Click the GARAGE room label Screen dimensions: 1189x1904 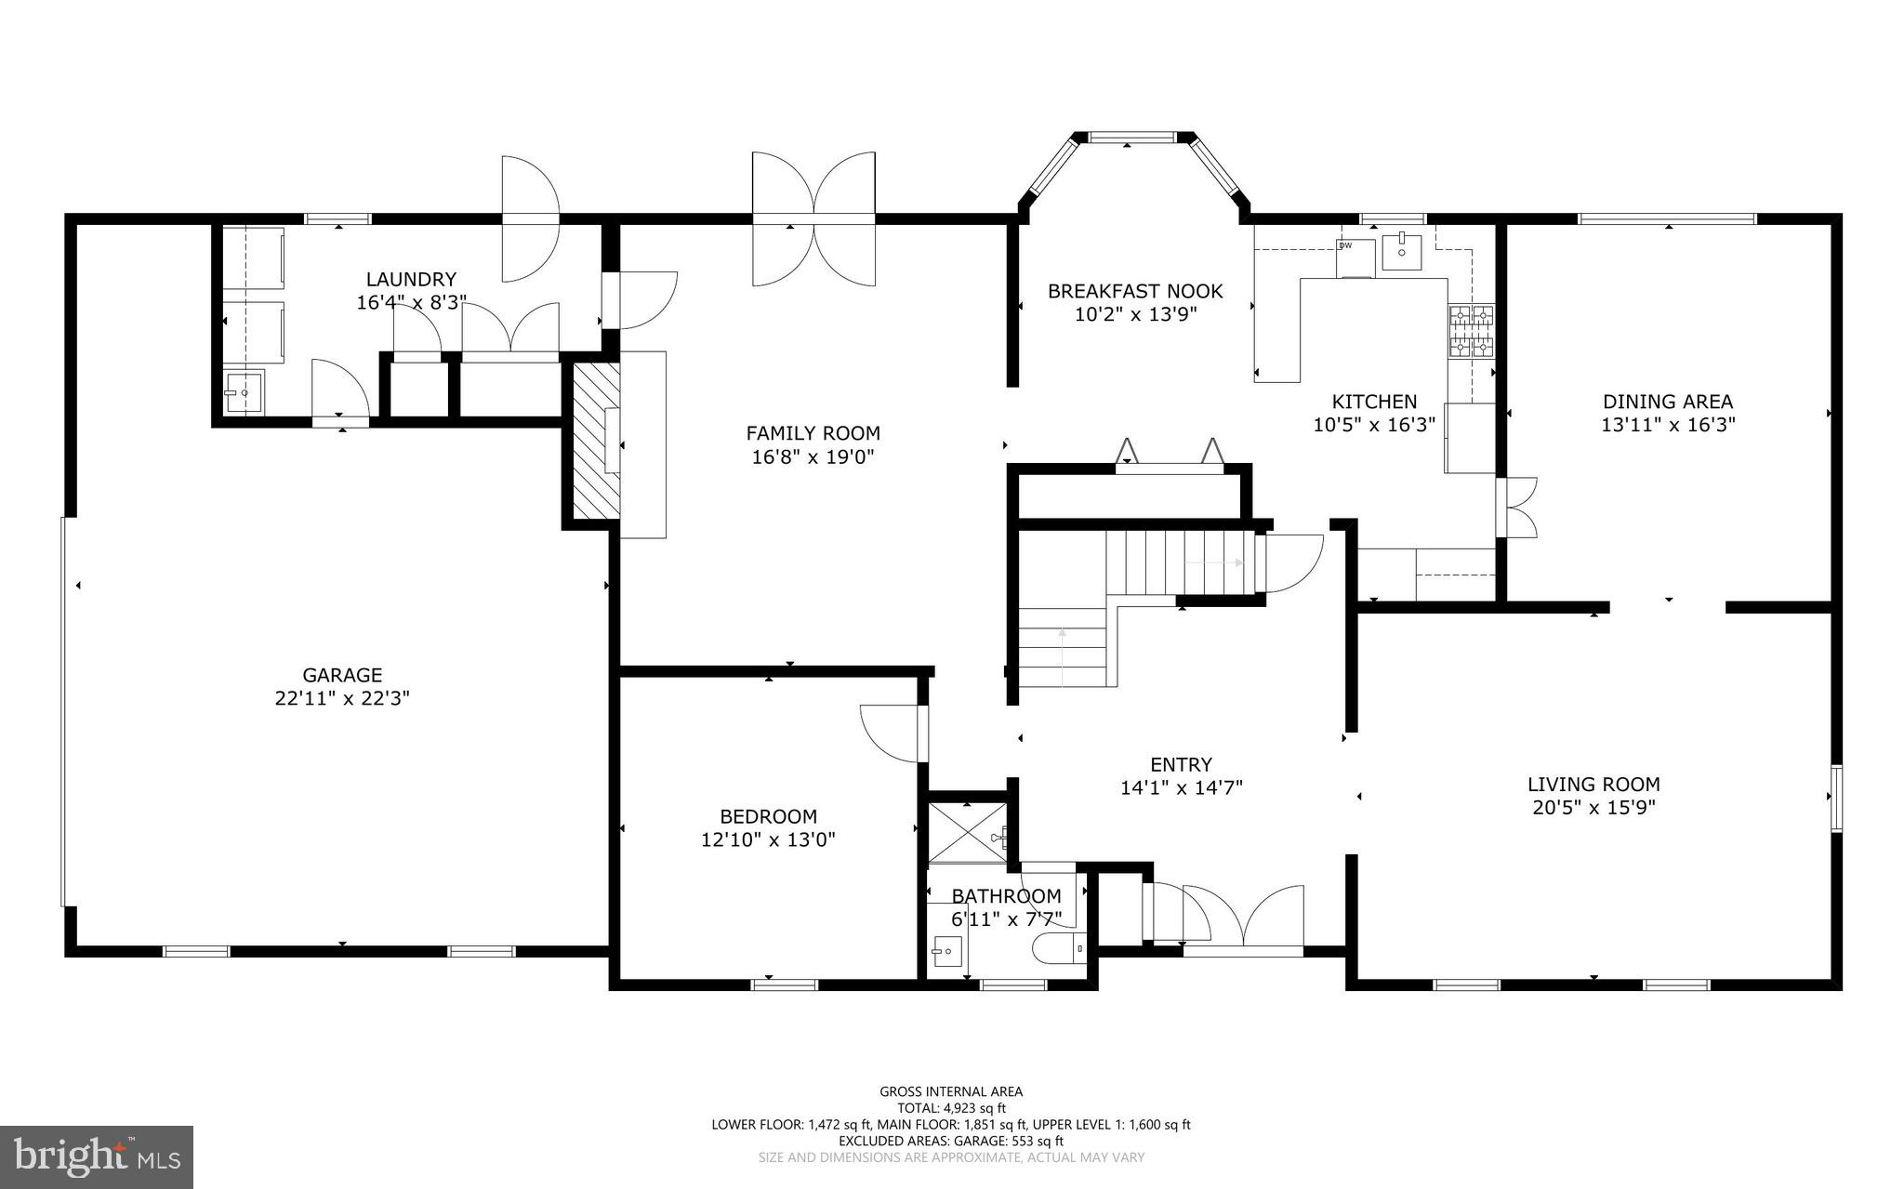pos(342,676)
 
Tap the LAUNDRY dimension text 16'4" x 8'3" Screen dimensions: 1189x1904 pos(411,303)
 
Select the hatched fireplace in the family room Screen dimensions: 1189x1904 pos(595,441)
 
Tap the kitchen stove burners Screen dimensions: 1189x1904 pos(1471,332)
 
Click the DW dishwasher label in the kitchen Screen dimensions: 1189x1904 pos(1344,245)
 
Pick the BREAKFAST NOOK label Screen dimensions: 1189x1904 pos(1135,291)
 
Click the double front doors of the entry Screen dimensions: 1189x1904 pos(1242,920)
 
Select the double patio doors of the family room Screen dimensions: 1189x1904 pos(813,219)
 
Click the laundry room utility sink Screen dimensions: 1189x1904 pos(244,393)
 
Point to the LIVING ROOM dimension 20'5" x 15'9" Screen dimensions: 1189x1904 pos(1593,808)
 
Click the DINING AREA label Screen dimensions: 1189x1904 pos(1667,402)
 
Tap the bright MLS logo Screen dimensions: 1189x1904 pos(97,1156)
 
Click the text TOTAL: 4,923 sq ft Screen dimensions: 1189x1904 pos(951,1108)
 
